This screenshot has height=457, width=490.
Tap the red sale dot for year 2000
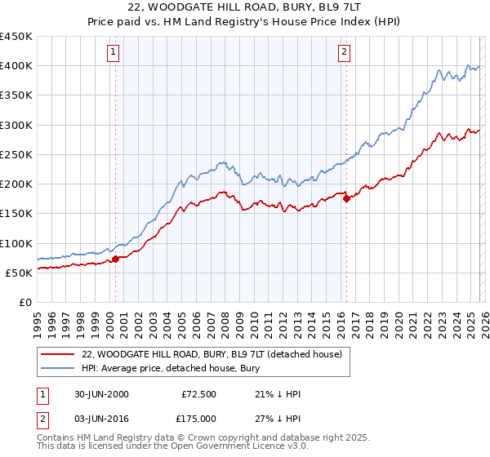point(116,259)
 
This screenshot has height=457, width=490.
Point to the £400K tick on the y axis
point(16,66)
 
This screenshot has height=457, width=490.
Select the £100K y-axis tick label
point(16,243)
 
